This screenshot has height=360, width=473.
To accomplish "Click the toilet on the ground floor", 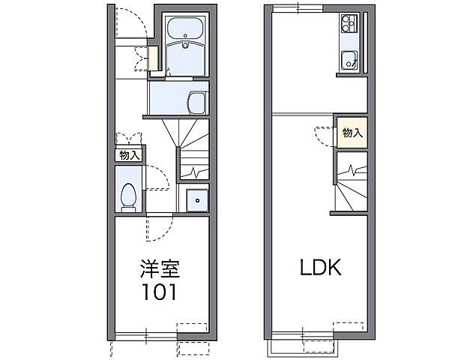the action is click(128, 197).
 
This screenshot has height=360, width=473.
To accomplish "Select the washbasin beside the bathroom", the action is click(197, 103).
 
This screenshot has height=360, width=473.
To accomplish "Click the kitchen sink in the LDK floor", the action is click(349, 60).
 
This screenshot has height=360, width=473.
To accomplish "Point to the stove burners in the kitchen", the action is click(349, 23).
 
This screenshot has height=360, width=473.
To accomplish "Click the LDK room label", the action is click(321, 267).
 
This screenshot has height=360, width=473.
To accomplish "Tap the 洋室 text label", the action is click(160, 268).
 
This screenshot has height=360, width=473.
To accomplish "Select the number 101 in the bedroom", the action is click(160, 292).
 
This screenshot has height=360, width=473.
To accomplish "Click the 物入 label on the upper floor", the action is click(352, 133).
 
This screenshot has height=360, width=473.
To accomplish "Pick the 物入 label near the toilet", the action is click(130, 156).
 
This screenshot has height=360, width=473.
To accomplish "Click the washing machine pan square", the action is click(197, 200).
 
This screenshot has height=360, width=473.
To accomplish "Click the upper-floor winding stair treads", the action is click(352, 193).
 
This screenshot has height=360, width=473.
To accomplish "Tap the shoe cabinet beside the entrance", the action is click(153, 58).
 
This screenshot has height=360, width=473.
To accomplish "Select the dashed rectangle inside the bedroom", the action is click(192, 328).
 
